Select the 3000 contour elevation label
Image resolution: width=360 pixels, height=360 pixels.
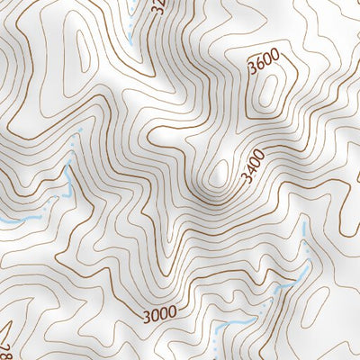pos(158,314)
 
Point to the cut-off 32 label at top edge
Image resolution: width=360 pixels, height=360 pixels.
pos(159,7)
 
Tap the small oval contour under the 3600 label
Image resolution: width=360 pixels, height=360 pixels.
pos(269,92)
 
